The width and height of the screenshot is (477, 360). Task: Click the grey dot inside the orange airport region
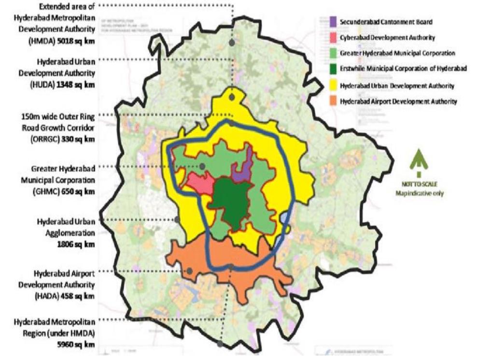tap(190, 271)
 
